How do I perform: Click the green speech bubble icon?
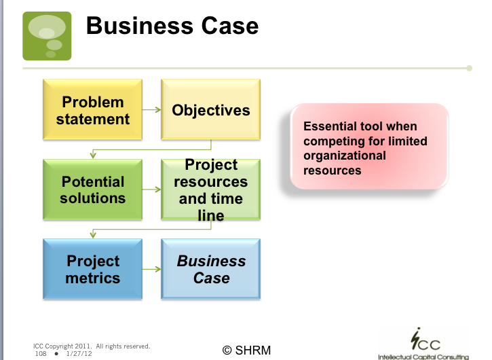[47, 36]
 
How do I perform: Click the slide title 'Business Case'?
[172, 26]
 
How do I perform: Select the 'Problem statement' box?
[92, 109]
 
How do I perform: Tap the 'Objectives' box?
[211, 109]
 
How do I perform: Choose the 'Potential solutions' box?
[92, 190]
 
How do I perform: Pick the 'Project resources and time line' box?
[211, 190]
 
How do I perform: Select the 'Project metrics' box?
[92, 269]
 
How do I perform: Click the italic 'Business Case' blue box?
[211, 269]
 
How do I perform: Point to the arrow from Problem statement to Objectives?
[152, 109]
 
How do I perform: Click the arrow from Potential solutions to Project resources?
[152, 190]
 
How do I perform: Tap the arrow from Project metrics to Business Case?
[152, 269]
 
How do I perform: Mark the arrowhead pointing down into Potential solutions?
[93, 155]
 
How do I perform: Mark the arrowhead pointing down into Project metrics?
[93, 234]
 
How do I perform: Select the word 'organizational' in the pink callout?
[345, 156]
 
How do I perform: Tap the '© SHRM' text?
[246, 350]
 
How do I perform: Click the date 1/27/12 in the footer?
[79, 354]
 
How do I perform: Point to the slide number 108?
[41, 354]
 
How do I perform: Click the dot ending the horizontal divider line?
[469, 68]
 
